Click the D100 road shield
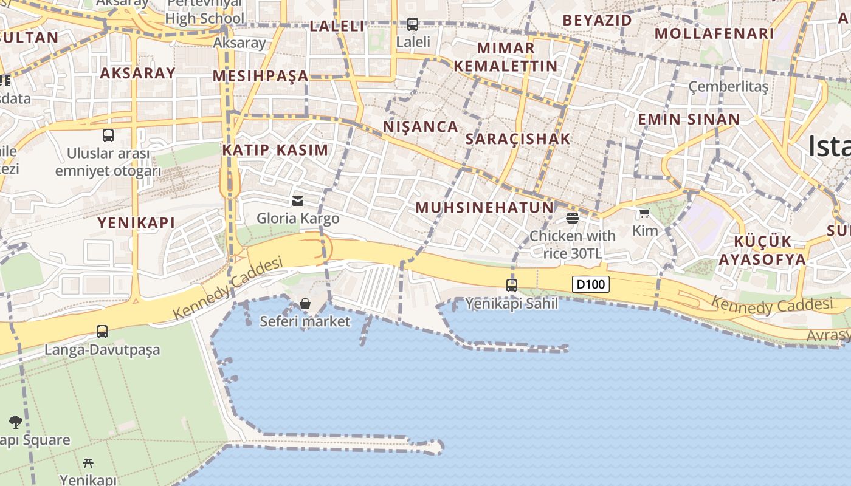pyautogui.click(x=590, y=284)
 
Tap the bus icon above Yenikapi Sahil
pyautogui.click(x=512, y=285)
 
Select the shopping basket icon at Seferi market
pyautogui.click(x=305, y=303)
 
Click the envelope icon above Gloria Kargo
pyautogui.click(x=298, y=200)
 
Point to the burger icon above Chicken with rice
pyautogui.click(x=572, y=217)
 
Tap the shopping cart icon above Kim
pyautogui.click(x=645, y=213)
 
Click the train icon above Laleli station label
pyautogui.click(x=413, y=24)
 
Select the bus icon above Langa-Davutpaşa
pyautogui.click(x=102, y=332)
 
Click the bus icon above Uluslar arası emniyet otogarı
pyautogui.click(x=108, y=135)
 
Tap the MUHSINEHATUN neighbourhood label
pyautogui.click(x=484, y=208)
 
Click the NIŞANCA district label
pyautogui.click(x=421, y=127)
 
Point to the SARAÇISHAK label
pyautogui.click(x=518, y=139)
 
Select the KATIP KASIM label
pyautogui.click(x=275, y=150)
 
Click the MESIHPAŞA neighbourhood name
pyautogui.click(x=261, y=76)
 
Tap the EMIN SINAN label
pyautogui.click(x=689, y=119)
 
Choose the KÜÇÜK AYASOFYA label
pyautogui.click(x=762, y=250)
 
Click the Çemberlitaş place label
pyautogui.click(x=728, y=86)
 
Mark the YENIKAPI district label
pyautogui.click(x=136, y=223)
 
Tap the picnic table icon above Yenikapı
pyautogui.click(x=88, y=464)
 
